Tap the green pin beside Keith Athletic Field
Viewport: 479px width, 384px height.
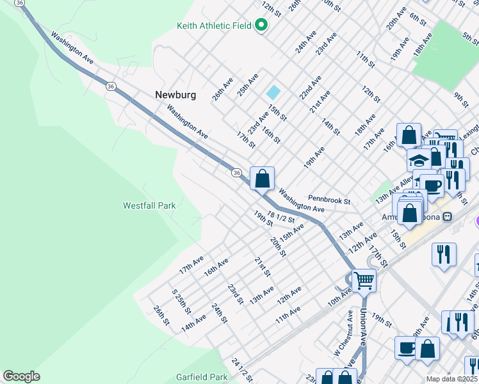[x=261, y=26]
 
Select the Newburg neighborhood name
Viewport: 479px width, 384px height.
[x=175, y=95]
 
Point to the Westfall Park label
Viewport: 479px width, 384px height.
[x=149, y=205]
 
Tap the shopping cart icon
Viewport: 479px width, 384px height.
[x=364, y=279]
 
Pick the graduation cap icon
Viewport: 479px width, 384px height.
[x=419, y=159]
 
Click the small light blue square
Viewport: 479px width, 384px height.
[x=273, y=92]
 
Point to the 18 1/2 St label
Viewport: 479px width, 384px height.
[x=281, y=217]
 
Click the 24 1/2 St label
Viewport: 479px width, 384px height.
[x=240, y=369]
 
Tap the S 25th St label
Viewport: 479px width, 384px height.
[x=181, y=301]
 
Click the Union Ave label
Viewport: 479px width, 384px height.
[x=364, y=326]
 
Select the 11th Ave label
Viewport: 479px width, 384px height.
[x=288, y=314]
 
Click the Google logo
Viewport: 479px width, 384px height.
[x=21, y=376]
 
